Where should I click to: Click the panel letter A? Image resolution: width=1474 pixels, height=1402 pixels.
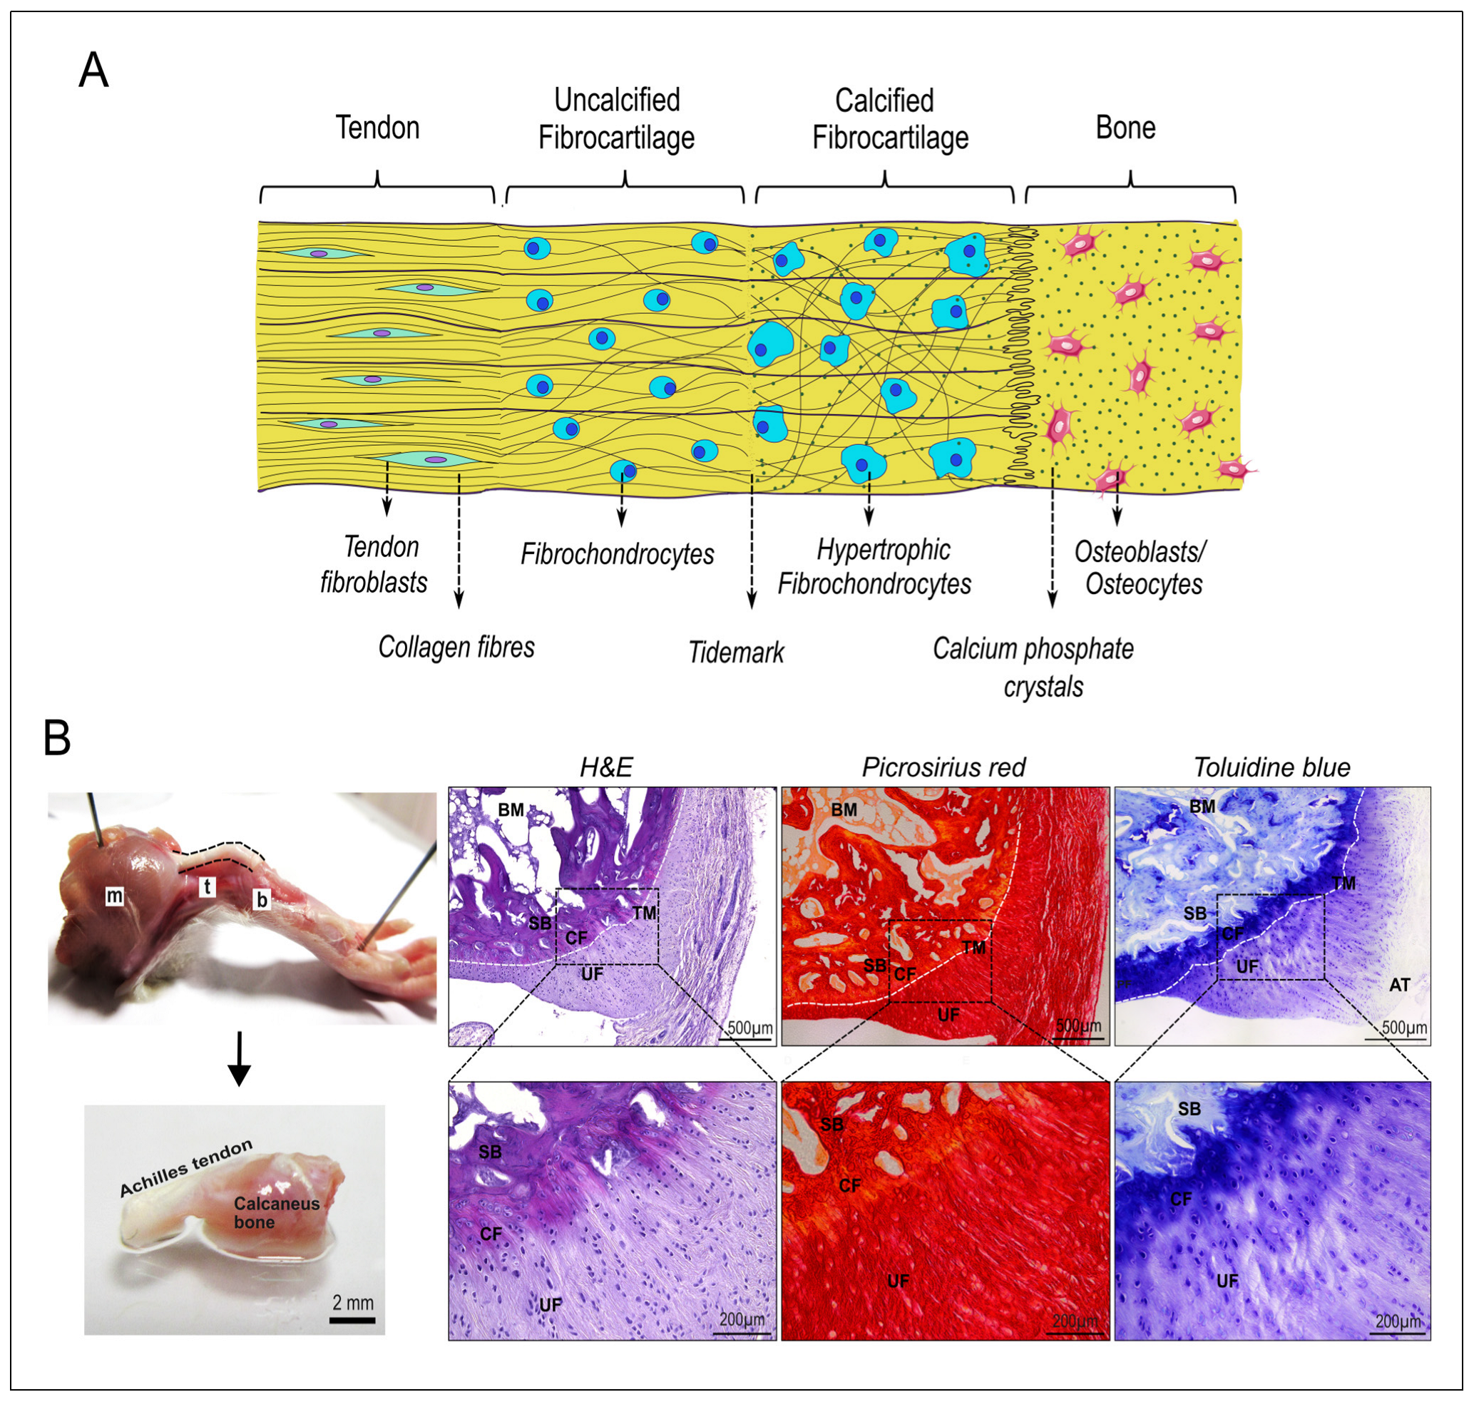pyautogui.click(x=93, y=71)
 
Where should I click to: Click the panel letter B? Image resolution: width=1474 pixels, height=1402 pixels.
pyautogui.click(x=58, y=737)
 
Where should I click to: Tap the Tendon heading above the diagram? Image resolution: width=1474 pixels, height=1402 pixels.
pyautogui.click(x=377, y=128)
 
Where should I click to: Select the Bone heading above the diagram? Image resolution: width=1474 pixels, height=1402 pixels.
pyautogui.click(x=1125, y=128)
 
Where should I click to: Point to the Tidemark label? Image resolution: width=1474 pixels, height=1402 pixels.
pyautogui.click(x=735, y=653)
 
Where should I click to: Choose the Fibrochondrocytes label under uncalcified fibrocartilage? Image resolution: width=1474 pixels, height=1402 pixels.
pyautogui.click(x=617, y=555)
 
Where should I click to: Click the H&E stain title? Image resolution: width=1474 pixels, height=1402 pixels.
pyautogui.click(x=606, y=767)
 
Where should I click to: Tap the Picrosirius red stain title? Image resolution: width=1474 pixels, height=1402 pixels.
pyautogui.click(x=943, y=767)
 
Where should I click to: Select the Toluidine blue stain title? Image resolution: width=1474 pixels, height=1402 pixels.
pyautogui.click(x=1271, y=767)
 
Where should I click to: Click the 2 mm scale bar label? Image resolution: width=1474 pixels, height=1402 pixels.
pyautogui.click(x=353, y=1303)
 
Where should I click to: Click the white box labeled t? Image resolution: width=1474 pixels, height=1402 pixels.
pyautogui.click(x=207, y=887)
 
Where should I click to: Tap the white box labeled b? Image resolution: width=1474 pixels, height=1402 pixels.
pyautogui.click(x=262, y=900)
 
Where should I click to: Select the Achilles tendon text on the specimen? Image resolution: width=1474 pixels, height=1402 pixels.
pyautogui.click(x=186, y=1167)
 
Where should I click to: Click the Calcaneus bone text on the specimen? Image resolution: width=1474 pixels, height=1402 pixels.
pyautogui.click(x=276, y=1212)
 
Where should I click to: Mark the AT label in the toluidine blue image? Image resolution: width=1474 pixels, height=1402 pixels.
pyautogui.click(x=1399, y=985)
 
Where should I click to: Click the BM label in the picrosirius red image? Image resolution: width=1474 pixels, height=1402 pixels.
pyautogui.click(x=844, y=809)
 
